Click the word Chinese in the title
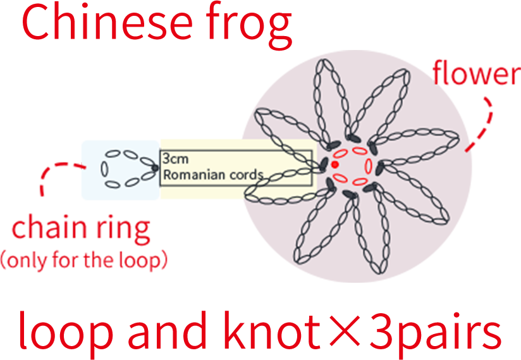point(107,22)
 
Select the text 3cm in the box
point(175,159)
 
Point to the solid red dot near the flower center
point(335,164)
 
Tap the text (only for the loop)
point(83,260)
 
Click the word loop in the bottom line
point(64,330)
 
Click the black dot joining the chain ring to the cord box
point(155,168)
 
